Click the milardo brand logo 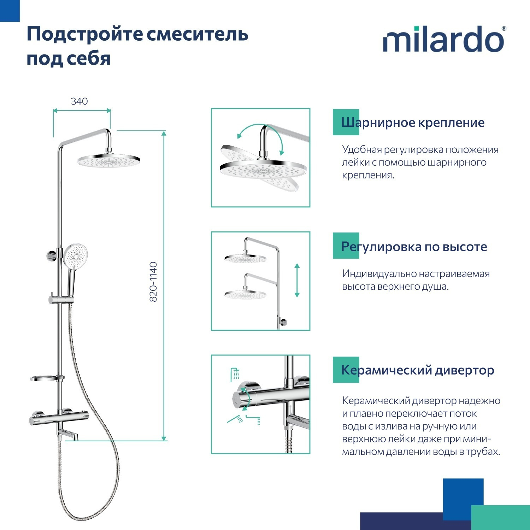(x=443, y=40)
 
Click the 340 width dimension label (x=79, y=101)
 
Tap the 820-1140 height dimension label (x=153, y=282)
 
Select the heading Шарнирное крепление (x=412, y=123)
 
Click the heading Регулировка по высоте (x=414, y=246)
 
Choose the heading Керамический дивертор (x=417, y=370)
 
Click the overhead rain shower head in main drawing (x=109, y=161)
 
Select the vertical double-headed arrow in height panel (x=297, y=280)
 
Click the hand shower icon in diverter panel (x=235, y=419)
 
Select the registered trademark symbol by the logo (x=504, y=29)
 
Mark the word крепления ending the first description (x=367, y=175)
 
